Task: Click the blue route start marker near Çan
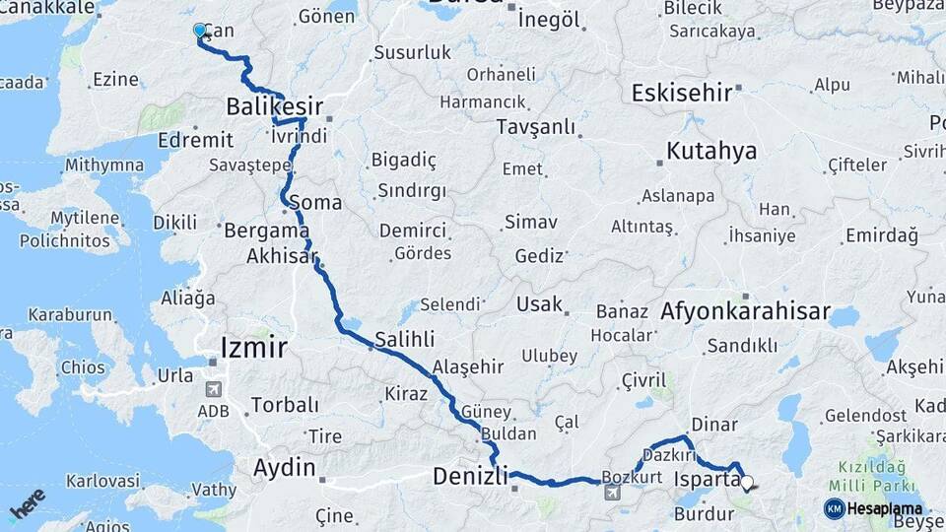tap(200, 31)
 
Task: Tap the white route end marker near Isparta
tap(746, 483)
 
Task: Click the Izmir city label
tap(254, 347)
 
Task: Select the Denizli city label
tap(470, 477)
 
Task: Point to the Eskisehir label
tap(681, 93)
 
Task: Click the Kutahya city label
tap(711, 151)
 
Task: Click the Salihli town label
tap(403, 340)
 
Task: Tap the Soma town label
tap(321, 203)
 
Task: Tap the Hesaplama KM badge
tap(875, 508)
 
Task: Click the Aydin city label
tap(285, 468)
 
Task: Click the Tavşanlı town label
tap(536, 126)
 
